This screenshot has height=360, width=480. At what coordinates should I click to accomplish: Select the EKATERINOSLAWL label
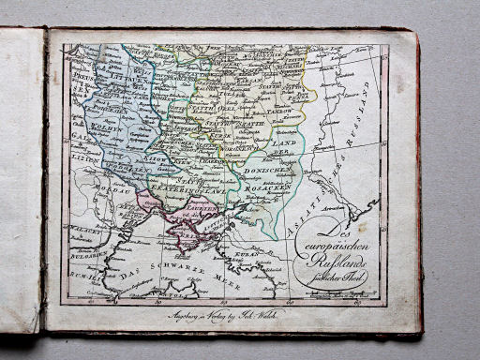[190, 184]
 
